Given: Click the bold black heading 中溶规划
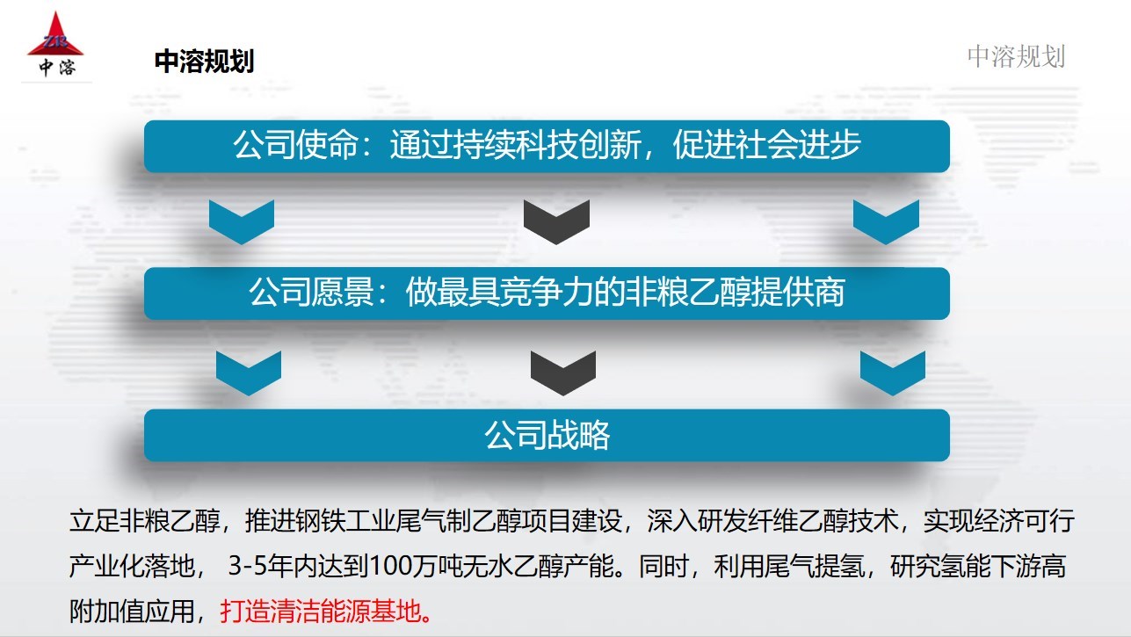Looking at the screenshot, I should [x=204, y=62].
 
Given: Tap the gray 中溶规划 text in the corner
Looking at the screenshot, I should [x=1016, y=56].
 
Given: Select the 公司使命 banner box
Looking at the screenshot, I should [x=547, y=146].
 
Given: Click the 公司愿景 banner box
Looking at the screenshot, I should [x=547, y=293].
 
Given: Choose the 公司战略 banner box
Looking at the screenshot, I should [x=547, y=435].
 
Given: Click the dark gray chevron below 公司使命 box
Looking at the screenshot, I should [x=556, y=221].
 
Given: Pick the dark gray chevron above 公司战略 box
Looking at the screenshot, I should [x=563, y=372].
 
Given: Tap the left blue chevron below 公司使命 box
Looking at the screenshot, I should [x=242, y=221].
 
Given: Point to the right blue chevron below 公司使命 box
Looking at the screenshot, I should [x=886, y=221].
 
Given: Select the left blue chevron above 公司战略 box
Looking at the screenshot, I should [x=249, y=372].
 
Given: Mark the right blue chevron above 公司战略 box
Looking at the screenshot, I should [x=892, y=372].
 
